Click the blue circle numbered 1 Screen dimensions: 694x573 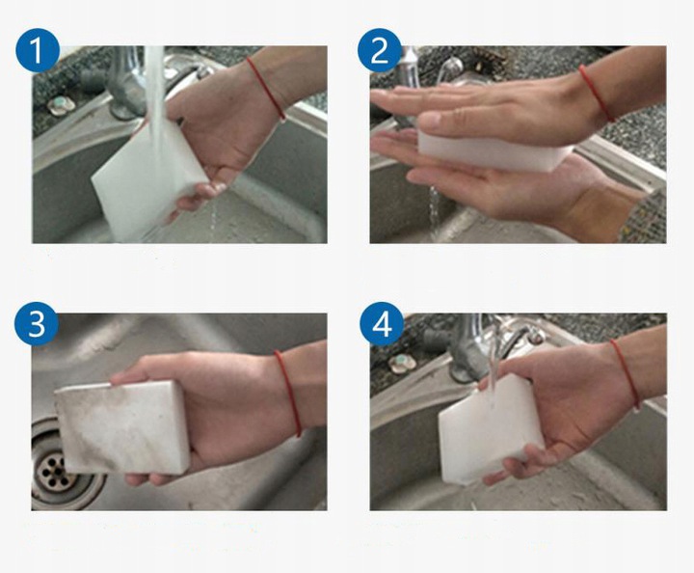pos(38,50)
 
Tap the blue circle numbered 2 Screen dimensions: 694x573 pos(380,50)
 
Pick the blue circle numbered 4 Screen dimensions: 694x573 pos(382,325)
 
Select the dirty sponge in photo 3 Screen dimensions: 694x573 pos(121,427)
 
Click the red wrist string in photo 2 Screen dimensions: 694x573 pos(597,92)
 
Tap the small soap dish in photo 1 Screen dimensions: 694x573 pos(61,105)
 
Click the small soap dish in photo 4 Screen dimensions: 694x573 pos(402,363)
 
